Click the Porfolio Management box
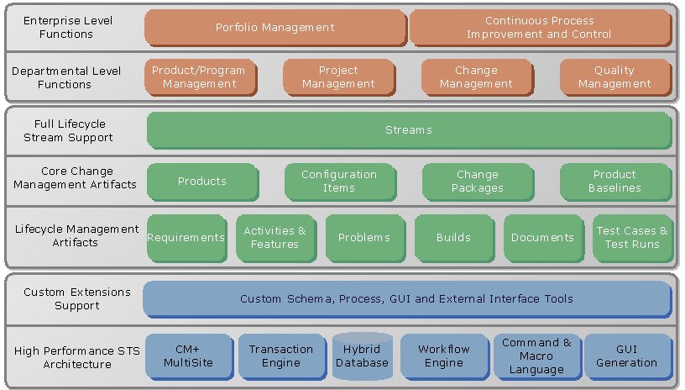pos(275,28)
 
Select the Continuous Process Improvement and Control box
pos(540,28)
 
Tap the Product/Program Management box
pos(198,77)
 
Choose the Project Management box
pos(338,77)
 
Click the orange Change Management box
pos(476,77)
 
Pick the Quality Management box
pos(614,77)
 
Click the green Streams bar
pos(409,130)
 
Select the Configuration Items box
pos(338,182)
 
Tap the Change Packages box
pos(477,182)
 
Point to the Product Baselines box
pos(614,182)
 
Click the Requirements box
pos(186,238)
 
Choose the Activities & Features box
pos(275,238)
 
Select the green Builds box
pos(453,238)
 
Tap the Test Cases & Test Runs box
pos(632,238)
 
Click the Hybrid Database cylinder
pos(363,356)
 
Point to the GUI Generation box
pos(626,356)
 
